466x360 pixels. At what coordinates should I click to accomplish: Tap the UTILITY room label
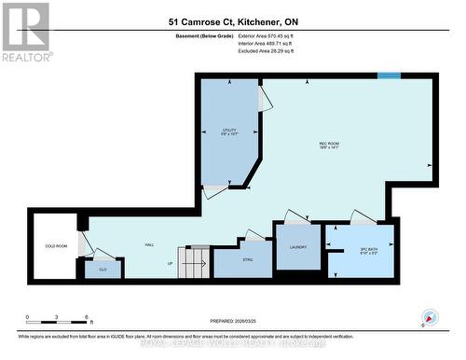pos(229,130)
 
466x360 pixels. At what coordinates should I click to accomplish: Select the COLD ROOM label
pos(55,246)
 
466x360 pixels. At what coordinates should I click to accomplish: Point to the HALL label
pos(149,245)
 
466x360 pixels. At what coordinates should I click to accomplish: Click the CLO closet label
pos(103,269)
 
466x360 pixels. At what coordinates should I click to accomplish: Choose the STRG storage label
pos(247,258)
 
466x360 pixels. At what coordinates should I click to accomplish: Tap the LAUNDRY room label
pos(297,246)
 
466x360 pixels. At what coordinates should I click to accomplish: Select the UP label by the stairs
pos(169,264)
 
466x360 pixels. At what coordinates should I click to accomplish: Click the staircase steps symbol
pos(199,261)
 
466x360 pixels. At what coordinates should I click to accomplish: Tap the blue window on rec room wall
pos(389,76)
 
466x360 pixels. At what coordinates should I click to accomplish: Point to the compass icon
pos(431,316)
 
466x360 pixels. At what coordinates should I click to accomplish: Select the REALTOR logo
pos(25,29)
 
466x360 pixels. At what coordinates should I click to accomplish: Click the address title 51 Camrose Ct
pos(232,20)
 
